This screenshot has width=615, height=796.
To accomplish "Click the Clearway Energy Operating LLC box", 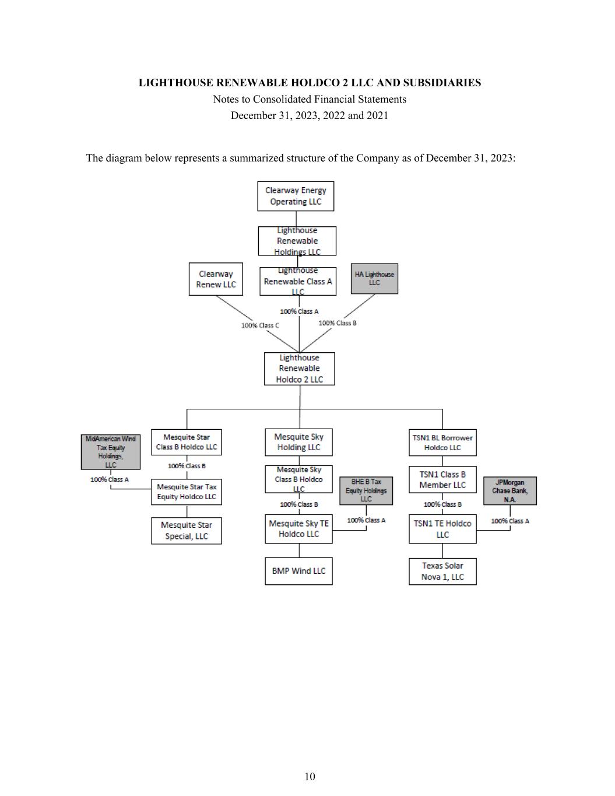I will pos(296,196).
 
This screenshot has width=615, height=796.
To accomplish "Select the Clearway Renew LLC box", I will pos(216,279).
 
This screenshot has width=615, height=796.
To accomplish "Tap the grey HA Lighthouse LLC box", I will pos(374,279).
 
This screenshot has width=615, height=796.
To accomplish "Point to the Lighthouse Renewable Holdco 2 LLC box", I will pos(299,369).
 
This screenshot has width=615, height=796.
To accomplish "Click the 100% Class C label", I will pos(260,325).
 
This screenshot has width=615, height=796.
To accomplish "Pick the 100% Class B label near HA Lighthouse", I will pos(338,323).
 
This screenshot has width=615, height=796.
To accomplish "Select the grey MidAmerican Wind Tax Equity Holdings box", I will pos(111,452).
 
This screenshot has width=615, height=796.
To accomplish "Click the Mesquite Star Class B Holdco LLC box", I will pos(187,442).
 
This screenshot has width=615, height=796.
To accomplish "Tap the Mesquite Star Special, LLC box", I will pos(187,531).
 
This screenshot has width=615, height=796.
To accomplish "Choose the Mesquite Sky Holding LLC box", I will pos(298,442).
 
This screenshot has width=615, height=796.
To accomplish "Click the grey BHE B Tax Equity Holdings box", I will pos(366,490).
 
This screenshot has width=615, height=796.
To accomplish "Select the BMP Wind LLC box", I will pos(298,571).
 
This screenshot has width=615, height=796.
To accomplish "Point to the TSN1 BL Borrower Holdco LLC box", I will pos(442,443).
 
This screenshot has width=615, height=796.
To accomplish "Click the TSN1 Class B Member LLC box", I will pos(442,480).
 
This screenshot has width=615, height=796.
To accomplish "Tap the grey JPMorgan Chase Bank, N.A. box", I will pos(510,491).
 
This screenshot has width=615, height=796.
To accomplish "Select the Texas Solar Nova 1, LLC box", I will pos(442,571).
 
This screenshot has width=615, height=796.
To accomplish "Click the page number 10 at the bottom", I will pos(310,776).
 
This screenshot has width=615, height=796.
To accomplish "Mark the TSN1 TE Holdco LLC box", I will pos(442,529).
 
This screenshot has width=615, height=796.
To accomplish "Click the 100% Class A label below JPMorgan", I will pos(510,521).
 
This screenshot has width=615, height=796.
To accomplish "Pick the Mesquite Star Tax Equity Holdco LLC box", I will pos(187,492).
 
